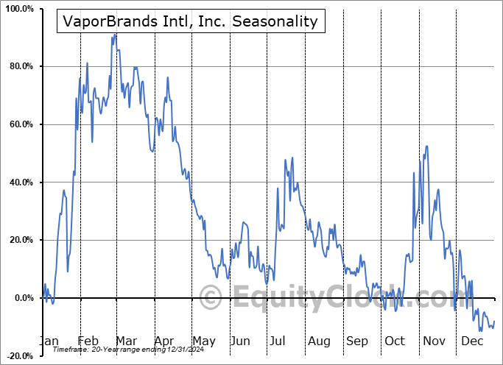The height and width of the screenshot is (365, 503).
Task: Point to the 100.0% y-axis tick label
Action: point(18,9)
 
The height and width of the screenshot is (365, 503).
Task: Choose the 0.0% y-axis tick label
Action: point(23,298)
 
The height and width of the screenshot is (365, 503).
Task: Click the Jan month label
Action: point(49,341)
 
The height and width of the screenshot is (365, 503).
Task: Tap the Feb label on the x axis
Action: point(88,341)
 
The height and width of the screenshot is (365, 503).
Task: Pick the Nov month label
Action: point(433,341)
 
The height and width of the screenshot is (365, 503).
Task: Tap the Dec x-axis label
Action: point(471,341)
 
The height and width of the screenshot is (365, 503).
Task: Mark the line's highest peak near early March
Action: point(115,34)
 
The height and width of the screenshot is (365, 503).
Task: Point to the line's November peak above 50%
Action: point(426,146)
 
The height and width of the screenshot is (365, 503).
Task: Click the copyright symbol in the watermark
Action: point(211,298)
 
